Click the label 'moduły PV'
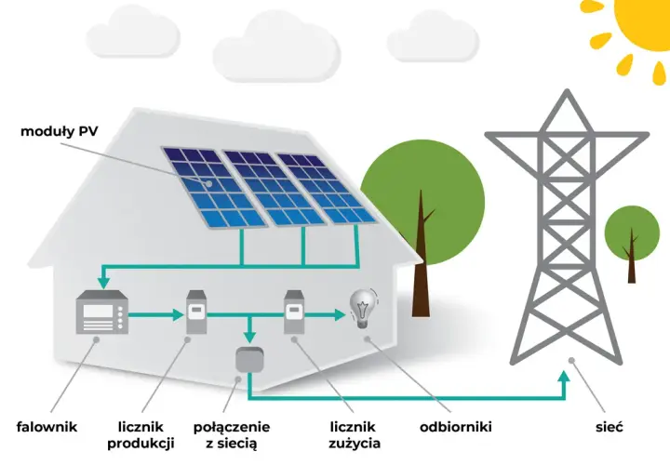pyautogui.click(x=59, y=131)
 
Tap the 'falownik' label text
pyautogui.click(x=47, y=427)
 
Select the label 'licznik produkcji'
pyautogui.click(x=141, y=435)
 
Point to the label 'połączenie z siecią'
pyautogui.click(x=232, y=435)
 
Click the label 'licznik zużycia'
pyautogui.click(x=355, y=435)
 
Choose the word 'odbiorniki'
pyautogui.click(x=455, y=427)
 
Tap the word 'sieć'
pyautogui.click(x=610, y=427)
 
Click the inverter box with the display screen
pyautogui.click(x=102, y=312)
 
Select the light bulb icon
pyautogui.click(x=363, y=309)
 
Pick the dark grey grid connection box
pyautogui.click(x=250, y=360)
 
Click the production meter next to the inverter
pyautogui.click(x=196, y=312)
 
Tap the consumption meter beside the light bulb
pyautogui.click(x=294, y=312)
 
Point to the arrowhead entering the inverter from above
pyautogui.click(x=103, y=283)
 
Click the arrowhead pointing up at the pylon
pyautogui.click(x=564, y=377)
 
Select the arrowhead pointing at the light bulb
pyautogui.click(x=340, y=315)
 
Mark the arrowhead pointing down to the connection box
pyautogui.click(x=250, y=336)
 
